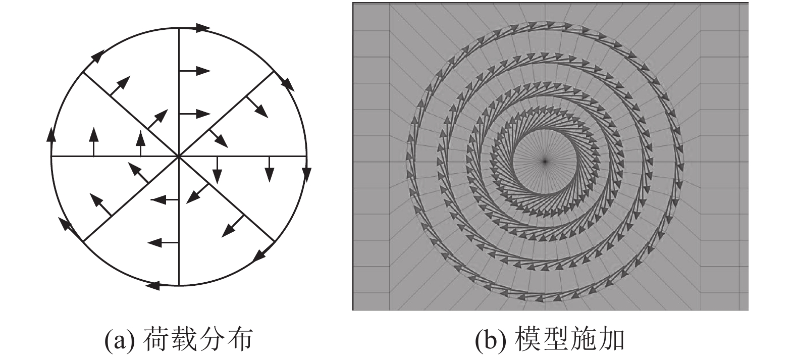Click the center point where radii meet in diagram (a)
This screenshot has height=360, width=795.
[x=179, y=157]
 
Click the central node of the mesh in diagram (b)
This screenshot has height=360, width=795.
[x=545, y=161]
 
